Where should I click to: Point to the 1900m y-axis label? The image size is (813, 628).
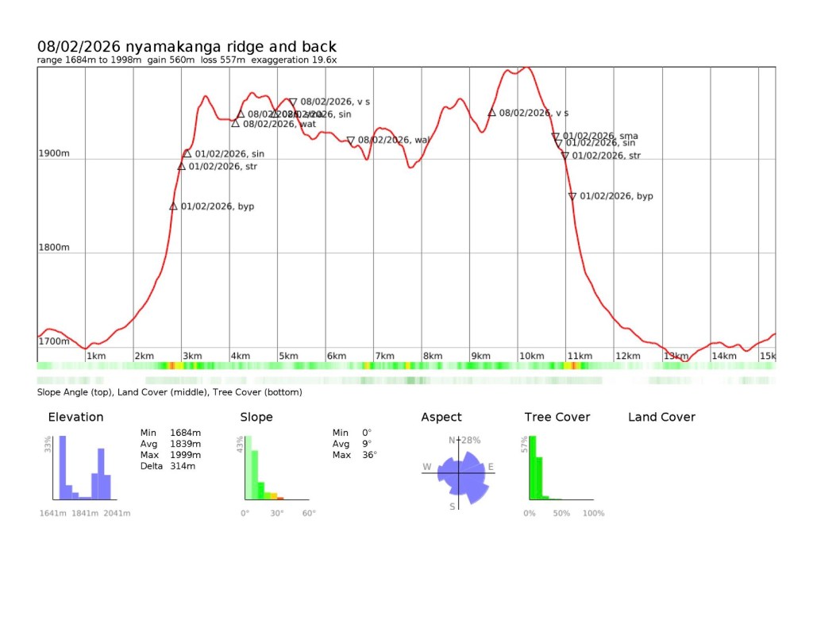point(54,153)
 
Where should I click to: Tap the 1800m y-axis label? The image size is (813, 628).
point(54,248)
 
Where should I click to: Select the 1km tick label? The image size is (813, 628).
point(96,356)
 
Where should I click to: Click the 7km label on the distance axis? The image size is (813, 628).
point(384,356)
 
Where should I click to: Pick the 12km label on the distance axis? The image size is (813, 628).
point(627,356)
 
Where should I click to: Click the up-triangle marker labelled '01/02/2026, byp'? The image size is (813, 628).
point(173,206)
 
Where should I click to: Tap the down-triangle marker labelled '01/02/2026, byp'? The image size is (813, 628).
point(572,196)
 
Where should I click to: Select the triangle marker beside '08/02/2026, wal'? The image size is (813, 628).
point(350,141)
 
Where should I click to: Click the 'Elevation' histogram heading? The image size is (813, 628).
point(75,417)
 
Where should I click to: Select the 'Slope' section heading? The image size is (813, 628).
point(256,417)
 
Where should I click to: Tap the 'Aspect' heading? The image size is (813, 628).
point(441,417)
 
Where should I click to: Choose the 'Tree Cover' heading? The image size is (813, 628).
point(557,417)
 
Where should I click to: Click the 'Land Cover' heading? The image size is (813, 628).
point(661,417)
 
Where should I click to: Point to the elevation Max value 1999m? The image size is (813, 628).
point(185,455)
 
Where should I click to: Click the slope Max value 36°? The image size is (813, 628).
point(369,455)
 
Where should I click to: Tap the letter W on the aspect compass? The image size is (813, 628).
point(427,467)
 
